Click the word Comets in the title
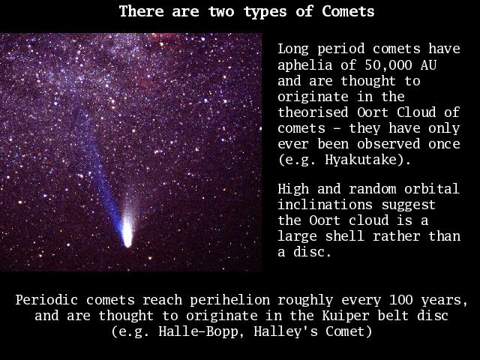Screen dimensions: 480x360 pyautogui.click(x=348, y=12)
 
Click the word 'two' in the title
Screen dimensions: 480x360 pyautogui.click(x=221, y=12)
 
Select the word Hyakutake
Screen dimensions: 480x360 pyautogui.click(x=364, y=160)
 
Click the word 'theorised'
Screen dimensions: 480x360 pyautogui.click(x=313, y=112)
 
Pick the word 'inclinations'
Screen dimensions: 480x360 pyautogui.click(x=325, y=205)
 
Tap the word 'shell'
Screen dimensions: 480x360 pyautogui.click(x=345, y=236)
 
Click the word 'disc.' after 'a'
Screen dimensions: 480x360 pyautogui.click(x=312, y=252)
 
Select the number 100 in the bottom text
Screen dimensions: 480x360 pyautogui.click(x=400, y=300)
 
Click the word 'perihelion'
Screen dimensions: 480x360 pyautogui.click(x=230, y=301)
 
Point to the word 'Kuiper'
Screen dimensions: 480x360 pyautogui.click(x=346, y=316)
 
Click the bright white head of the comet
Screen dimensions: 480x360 pyautogui.click(x=127, y=233)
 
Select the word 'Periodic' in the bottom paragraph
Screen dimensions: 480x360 pyautogui.click(x=46, y=300)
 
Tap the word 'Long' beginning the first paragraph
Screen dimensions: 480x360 pyautogui.click(x=293, y=49)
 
